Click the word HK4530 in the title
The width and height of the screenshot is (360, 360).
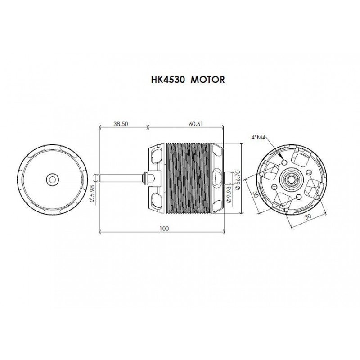(168, 80)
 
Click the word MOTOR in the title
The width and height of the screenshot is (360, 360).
(208, 80)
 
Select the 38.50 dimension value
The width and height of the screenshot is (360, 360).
(121, 124)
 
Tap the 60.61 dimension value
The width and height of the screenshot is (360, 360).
(196, 124)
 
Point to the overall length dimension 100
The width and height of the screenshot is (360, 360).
(164, 229)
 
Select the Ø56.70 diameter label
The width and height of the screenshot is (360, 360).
(238, 180)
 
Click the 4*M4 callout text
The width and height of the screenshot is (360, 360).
(258, 138)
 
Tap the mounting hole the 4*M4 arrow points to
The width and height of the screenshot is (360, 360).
(284, 162)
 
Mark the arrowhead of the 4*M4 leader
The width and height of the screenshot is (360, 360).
(280, 156)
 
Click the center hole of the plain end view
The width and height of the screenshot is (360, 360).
(52, 180)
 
